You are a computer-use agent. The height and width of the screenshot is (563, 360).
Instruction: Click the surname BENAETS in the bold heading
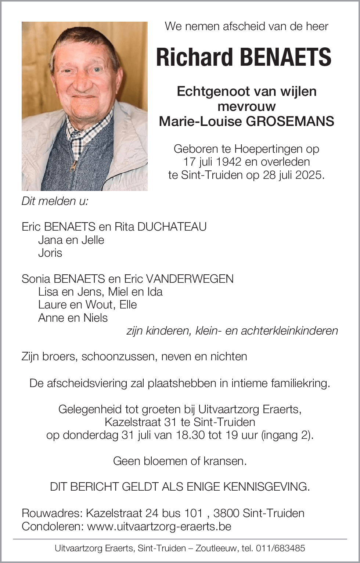(x=286, y=57)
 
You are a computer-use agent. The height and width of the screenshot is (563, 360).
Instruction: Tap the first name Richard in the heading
(x=195, y=57)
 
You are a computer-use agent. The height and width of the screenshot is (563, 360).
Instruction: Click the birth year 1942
(x=227, y=162)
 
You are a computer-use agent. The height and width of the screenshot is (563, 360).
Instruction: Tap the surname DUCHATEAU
(x=172, y=227)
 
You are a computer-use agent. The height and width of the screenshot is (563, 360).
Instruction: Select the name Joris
(x=50, y=253)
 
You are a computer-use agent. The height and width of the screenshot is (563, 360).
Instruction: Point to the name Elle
(x=128, y=304)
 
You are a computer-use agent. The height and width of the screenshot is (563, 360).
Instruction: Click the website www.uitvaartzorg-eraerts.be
(x=159, y=526)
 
